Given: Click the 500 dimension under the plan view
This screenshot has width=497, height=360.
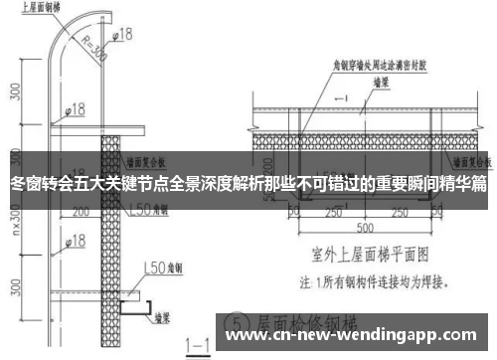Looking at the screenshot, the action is (368, 226).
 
